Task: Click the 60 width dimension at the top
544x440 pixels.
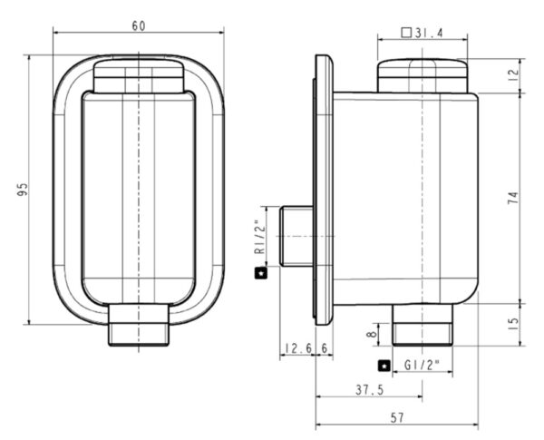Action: click(x=139, y=25)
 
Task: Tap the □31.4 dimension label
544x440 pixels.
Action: click(x=422, y=34)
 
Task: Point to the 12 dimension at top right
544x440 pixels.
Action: click(x=513, y=74)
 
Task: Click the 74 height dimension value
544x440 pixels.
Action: click(x=513, y=200)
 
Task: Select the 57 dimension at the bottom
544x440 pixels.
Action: click(x=395, y=419)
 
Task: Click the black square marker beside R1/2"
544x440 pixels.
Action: click(x=259, y=271)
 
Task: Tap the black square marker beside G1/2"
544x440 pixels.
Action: click(x=384, y=366)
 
